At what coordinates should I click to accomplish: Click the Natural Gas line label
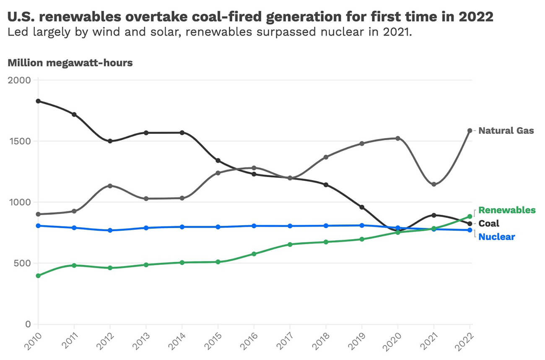click(506, 130)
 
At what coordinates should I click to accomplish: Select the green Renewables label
click(507, 210)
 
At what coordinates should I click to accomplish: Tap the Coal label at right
click(489, 223)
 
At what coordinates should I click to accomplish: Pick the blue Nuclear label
click(496, 237)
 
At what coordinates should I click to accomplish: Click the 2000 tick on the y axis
click(19, 80)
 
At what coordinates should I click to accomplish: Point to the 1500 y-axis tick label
click(19, 141)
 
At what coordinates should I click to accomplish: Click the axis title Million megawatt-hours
click(70, 63)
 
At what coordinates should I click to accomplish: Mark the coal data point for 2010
click(38, 101)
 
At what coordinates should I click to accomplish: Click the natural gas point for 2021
click(434, 185)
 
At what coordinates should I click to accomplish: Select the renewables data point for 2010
click(38, 276)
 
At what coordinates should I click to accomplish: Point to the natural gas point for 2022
click(470, 130)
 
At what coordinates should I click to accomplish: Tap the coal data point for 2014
click(182, 133)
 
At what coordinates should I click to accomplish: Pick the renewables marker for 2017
click(290, 244)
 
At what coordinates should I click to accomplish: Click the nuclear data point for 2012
click(110, 230)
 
